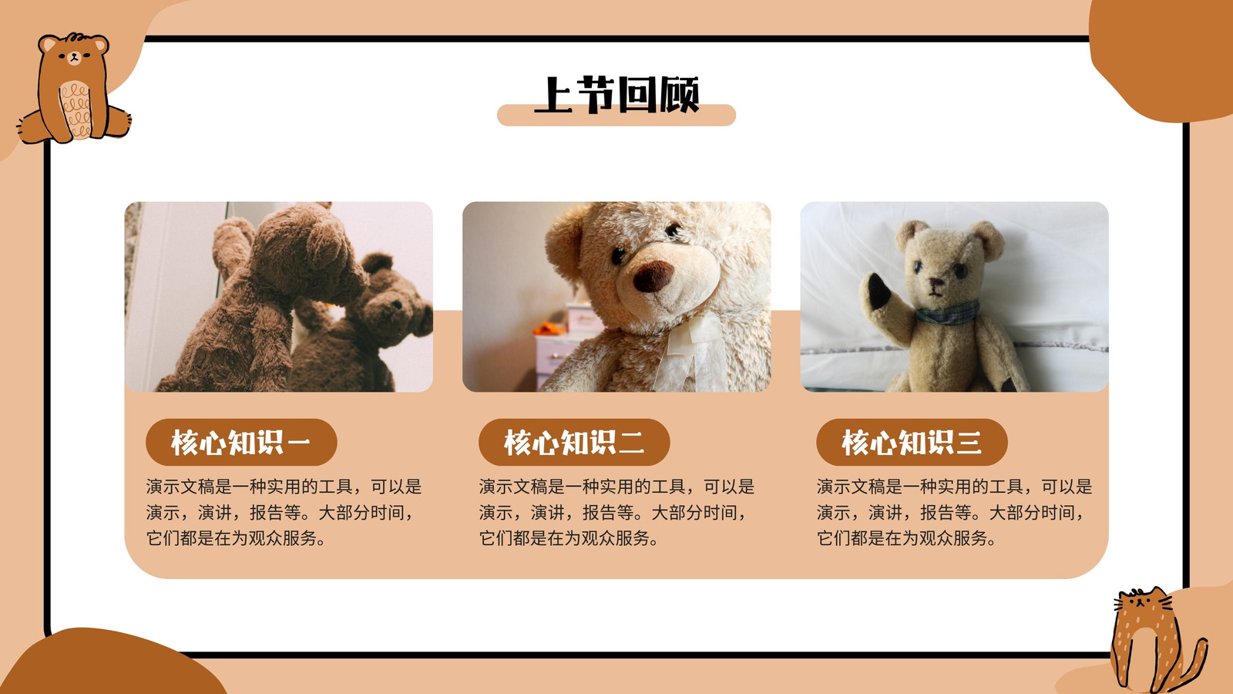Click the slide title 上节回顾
tap(616, 95)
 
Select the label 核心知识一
tap(241, 443)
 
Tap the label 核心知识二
tap(574, 443)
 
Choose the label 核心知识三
tap(912, 443)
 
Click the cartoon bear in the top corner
tap(74, 88)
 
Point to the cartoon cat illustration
tap(1156, 640)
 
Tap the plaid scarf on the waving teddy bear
tap(948, 313)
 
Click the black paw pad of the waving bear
tap(879, 291)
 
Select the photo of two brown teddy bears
tap(278, 297)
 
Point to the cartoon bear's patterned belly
tap(76, 109)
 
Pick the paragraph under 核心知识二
tap(616, 513)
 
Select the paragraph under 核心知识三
tap(955, 513)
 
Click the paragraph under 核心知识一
tap(284, 513)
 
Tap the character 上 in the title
tap(553, 95)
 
